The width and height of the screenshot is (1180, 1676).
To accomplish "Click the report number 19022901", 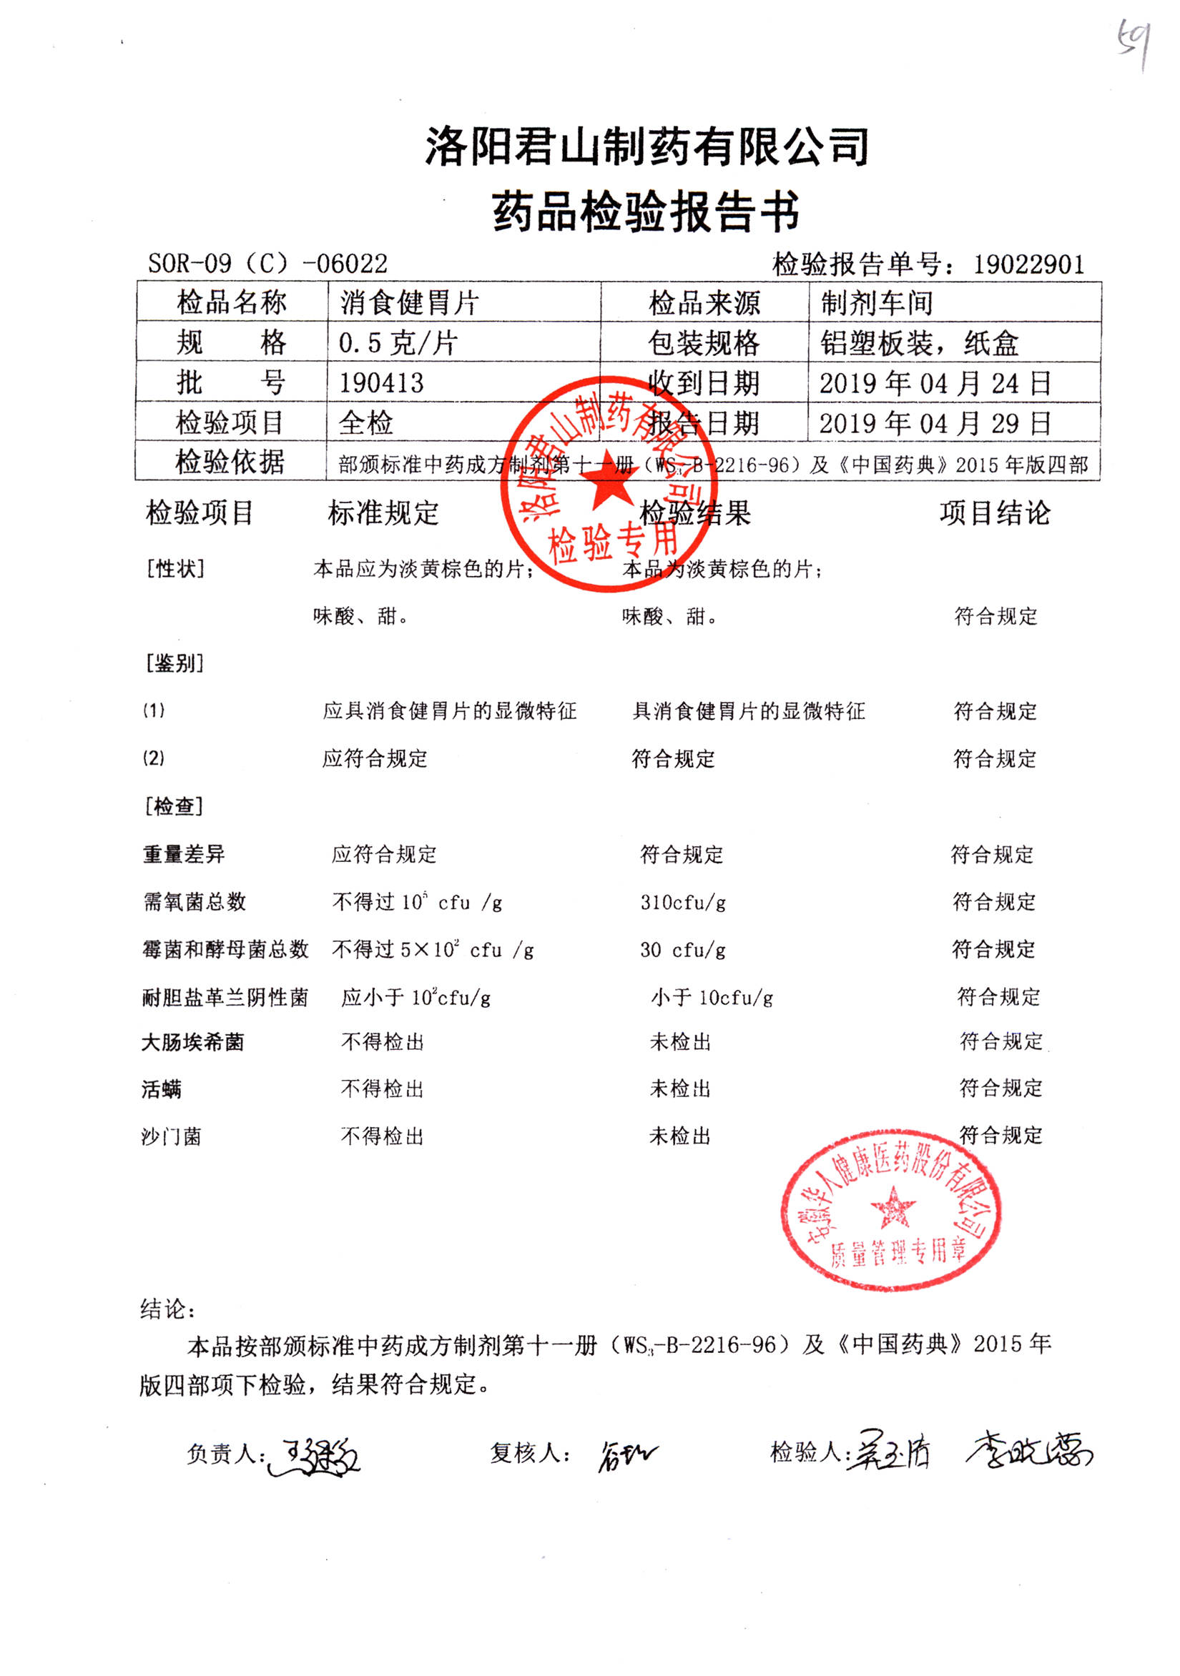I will [x=1028, y=264].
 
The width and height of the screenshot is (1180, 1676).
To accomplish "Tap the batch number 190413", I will [x=381, y=382].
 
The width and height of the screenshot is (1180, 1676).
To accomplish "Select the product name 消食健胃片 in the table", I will [x=409, y=302].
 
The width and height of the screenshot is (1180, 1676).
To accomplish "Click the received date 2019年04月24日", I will [x=935, y=382].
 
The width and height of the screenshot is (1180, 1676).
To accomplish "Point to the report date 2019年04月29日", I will [x=935, y=422].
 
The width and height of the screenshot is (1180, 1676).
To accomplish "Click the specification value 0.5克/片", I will [x=398, y=342].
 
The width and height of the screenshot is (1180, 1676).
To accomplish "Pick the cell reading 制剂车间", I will [x=876, y=302].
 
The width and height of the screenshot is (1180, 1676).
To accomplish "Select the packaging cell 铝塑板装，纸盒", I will [x=918, y=342].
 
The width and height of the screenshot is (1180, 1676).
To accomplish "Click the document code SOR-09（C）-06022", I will [x=267, y=264].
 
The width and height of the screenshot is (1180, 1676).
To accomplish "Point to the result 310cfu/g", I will [x=683, y=902].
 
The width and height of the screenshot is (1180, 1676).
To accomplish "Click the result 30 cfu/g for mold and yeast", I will [x=683, y=950].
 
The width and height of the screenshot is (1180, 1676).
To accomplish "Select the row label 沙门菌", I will [x=171, y=1136].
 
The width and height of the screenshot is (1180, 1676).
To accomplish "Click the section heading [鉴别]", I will [x=174, y=663].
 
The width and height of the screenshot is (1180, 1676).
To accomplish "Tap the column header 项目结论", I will [x=995, y=513].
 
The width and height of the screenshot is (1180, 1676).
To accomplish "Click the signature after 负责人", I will [x=314, y=1457].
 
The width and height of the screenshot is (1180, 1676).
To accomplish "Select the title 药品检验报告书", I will [x=646, y=212].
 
